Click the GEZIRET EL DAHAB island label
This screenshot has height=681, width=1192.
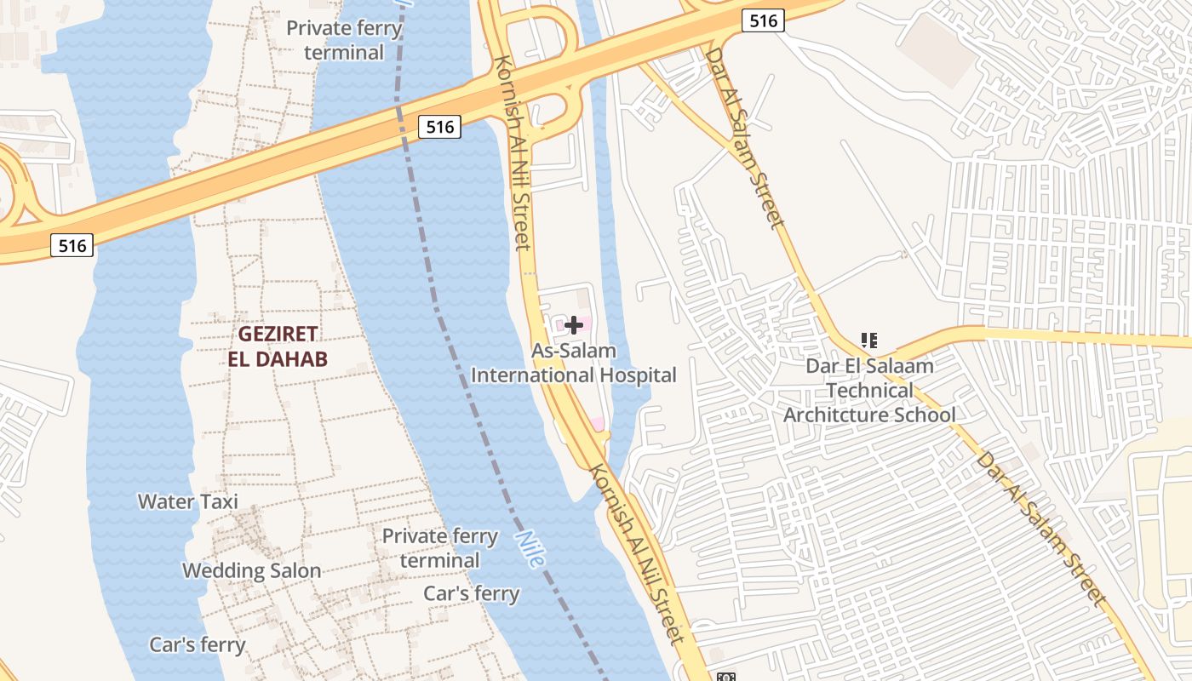[278, 346]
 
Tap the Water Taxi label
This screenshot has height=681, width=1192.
[187, 501]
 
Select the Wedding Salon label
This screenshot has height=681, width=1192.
[252, 570]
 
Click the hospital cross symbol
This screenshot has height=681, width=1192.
[574, 324]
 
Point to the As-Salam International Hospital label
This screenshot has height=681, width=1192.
[574, 363]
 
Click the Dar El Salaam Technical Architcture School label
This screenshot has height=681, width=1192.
[869, 390]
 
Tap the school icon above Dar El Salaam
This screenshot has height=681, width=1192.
[868, 341]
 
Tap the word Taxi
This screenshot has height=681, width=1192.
[219, 501]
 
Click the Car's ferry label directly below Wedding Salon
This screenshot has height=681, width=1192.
[198, 644]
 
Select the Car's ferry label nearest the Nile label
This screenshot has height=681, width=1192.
[472, 593]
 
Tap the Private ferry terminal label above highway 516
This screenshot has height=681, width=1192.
[344, 40]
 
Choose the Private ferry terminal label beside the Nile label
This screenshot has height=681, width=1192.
[439, 548]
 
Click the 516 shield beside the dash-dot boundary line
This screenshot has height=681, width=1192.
[439, 127]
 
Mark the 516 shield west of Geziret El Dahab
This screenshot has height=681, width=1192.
[72, 246]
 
